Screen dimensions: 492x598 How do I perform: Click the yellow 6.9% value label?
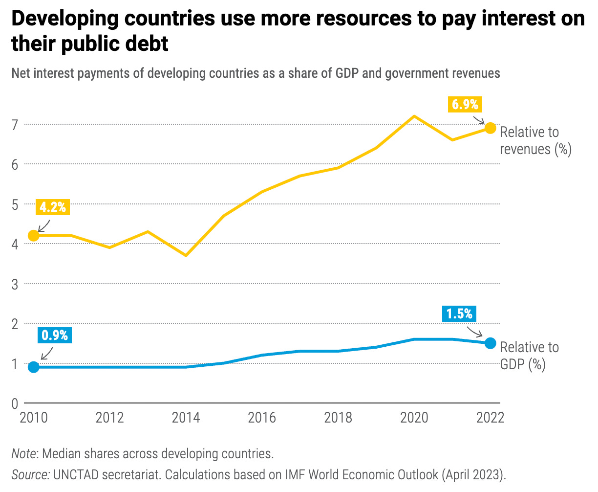click(465, 104)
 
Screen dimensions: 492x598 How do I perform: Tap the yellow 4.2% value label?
click(52, 207)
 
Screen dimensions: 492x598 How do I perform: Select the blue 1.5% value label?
click(459, 313)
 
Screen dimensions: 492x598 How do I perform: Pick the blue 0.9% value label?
click(54, 335)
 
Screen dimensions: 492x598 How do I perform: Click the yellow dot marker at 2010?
click(34, 236)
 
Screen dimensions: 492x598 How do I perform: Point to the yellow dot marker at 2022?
click(490, 128)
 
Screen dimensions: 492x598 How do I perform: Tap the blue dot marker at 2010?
click(34, 367)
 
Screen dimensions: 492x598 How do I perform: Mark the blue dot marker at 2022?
click(490, 343)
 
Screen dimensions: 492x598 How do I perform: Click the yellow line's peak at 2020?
click(414, 116)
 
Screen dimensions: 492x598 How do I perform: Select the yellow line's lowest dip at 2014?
click(186, 255)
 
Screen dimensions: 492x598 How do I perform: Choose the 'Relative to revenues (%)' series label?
click(535, 140)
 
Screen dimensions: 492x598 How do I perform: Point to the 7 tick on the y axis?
click(15, 125)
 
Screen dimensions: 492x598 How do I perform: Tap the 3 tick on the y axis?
click(15, 284)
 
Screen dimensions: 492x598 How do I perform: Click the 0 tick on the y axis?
click(15, 403)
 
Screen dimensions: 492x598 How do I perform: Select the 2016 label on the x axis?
click(262, 418)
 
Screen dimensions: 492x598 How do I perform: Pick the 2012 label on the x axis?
click(109, 418)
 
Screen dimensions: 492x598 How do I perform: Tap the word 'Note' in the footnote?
click(23, 453)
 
